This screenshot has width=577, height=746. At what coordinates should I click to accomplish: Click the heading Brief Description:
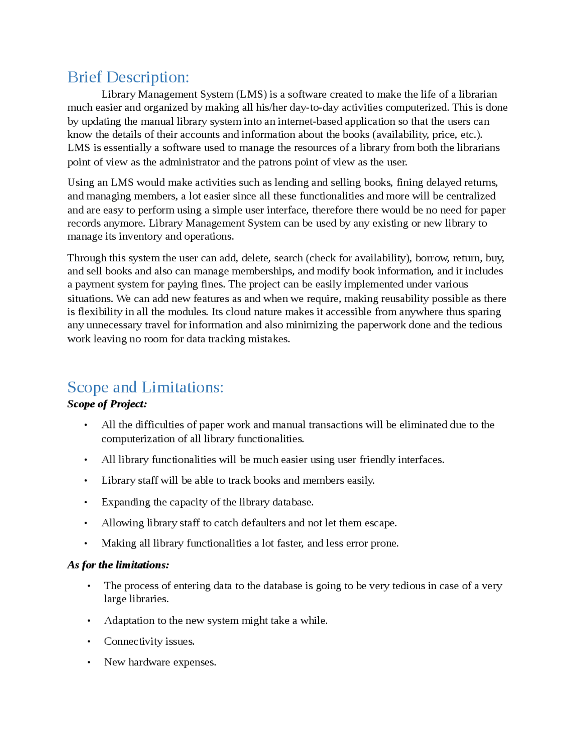128,77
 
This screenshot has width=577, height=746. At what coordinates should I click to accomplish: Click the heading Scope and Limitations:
145,387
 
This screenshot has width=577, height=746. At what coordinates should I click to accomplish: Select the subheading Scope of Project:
107,404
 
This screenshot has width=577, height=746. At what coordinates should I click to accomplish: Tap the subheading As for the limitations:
118,565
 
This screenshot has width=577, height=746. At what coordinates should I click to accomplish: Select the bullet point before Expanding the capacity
86,502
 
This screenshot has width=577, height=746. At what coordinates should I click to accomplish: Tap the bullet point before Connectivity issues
89,641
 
